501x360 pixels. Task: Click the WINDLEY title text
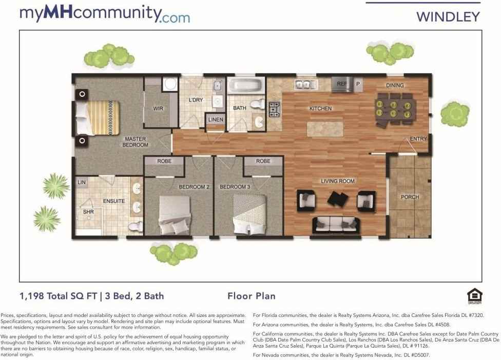[448, 16]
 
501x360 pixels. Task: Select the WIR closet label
[158, 109]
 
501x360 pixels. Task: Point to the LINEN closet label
[216, 119]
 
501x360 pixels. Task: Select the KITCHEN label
[320, 109]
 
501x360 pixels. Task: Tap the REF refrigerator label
[342, 83]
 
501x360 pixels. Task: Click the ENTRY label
[418, 139]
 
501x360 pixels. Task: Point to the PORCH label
[410, 197]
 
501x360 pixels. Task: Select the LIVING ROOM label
[338, 181]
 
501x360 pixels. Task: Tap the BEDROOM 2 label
[194, 187]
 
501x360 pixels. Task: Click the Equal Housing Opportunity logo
[472, 296]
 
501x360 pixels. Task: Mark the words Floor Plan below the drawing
[251, 296]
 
